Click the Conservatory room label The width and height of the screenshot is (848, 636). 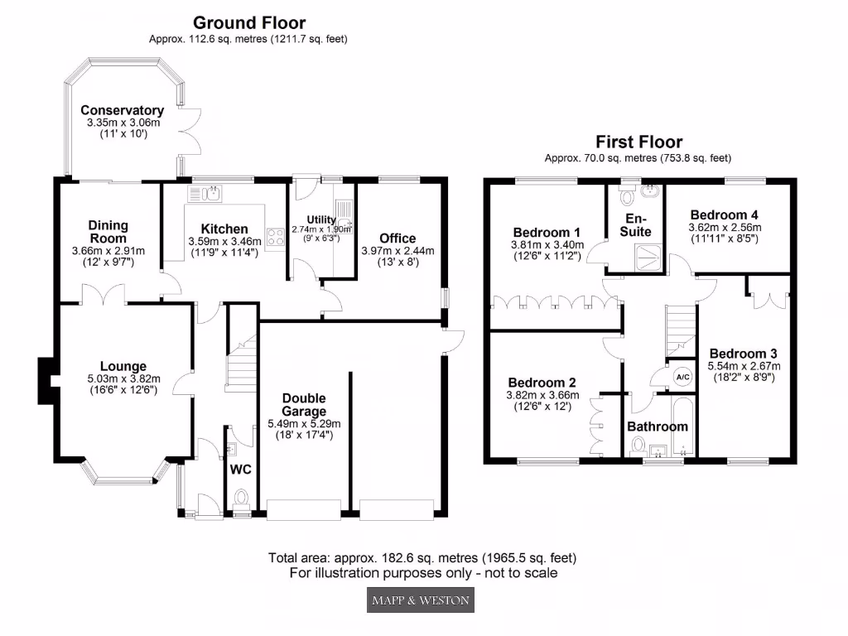point(122,110)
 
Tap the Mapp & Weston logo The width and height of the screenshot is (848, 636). point(421,600)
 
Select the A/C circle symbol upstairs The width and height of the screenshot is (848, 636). point(683,377)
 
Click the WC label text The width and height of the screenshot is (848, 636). point(240,470)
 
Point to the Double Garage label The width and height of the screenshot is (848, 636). point(304,405)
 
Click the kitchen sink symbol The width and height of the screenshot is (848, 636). point(205,194)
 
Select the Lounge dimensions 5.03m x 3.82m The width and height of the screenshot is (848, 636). point(123,379)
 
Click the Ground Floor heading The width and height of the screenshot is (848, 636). point(249,23)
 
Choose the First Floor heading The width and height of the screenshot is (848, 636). point(638,142)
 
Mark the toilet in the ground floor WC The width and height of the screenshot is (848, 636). point(241,499)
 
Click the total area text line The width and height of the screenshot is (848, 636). point(422,557)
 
